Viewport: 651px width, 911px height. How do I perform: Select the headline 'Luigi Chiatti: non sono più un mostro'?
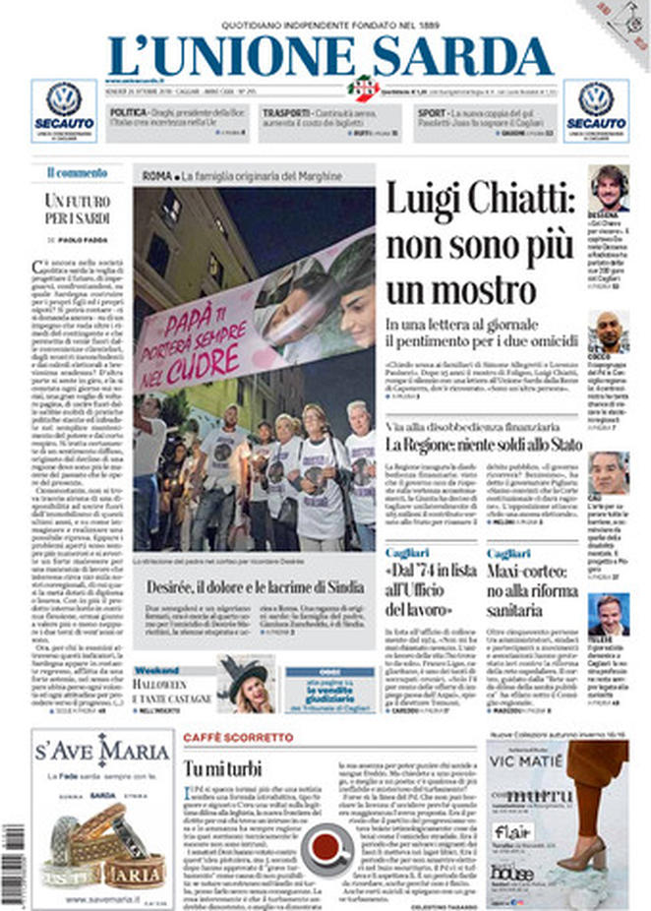click(478, 242)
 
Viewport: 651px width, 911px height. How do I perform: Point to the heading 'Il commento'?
click(77, 172)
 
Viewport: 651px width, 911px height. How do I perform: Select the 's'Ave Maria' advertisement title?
click(102, 753)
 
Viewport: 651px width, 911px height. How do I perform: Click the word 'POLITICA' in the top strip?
click(130, 114)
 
